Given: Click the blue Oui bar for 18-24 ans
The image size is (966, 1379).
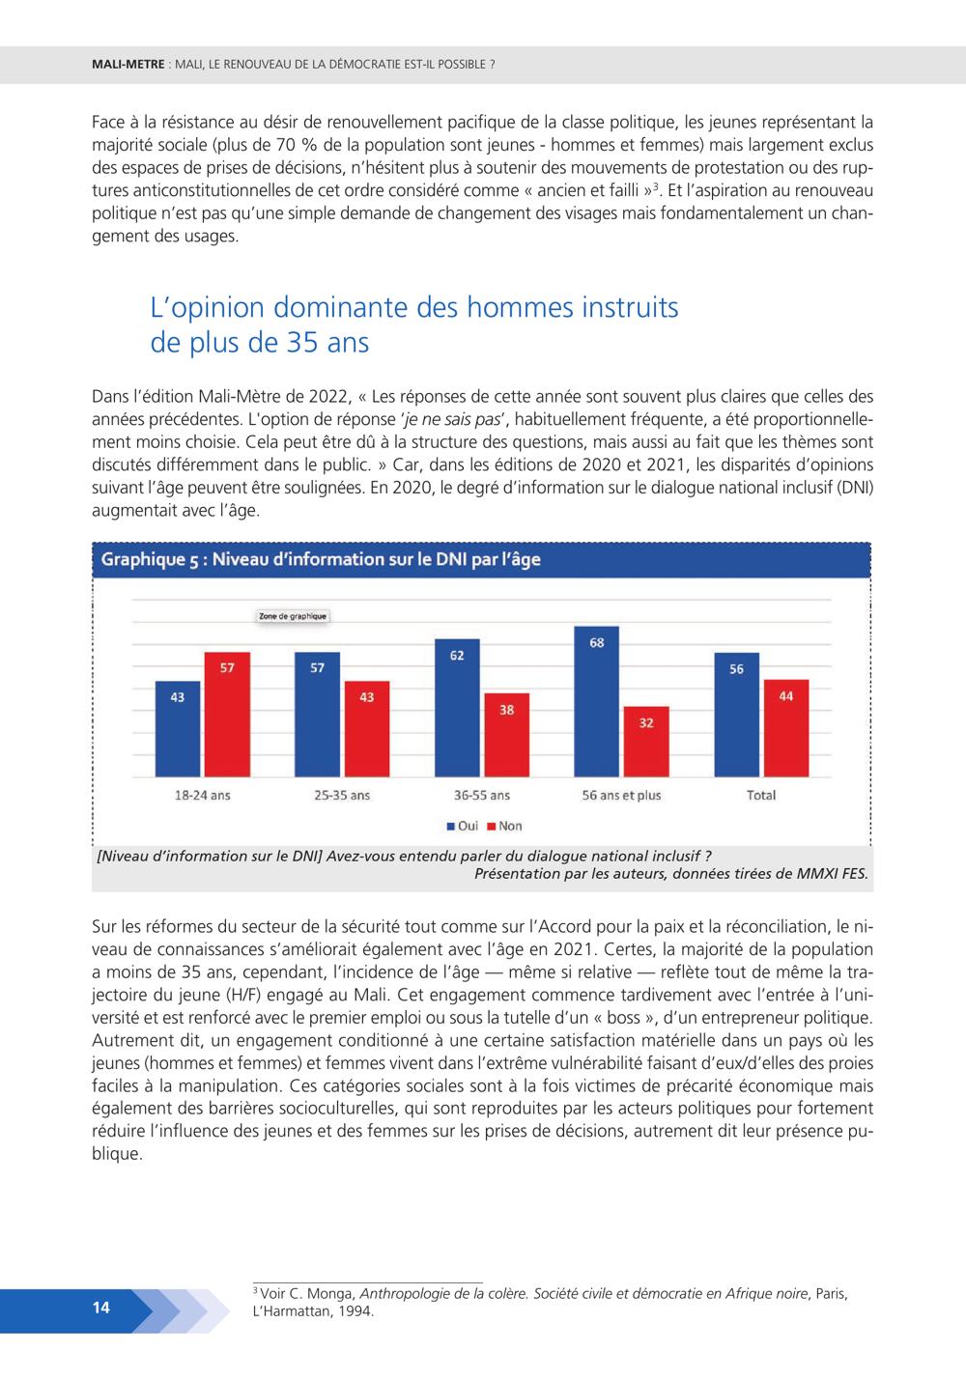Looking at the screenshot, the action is (x=178, y=728).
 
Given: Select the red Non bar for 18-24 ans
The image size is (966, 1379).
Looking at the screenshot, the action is (x=227, y=715).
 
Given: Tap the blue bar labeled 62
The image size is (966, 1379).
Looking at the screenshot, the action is (x=457, y=707).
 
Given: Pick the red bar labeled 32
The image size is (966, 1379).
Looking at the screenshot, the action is (x=646, y=742).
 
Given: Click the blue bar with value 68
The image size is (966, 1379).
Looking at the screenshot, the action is (x=597, y=701).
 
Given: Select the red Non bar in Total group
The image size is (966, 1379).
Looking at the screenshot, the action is (x=786, y=728).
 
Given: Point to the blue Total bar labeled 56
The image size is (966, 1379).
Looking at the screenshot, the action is (x=737, y=715).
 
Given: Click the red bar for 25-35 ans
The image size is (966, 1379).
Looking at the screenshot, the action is (x=367, y=728).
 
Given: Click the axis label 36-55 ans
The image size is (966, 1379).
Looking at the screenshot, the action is (x=482, y=795).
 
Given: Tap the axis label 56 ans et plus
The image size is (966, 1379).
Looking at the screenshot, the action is (x=621, y=795).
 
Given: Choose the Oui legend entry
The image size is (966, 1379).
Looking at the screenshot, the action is (x=463, y=826).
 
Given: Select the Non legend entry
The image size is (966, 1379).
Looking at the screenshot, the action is (x=505, y=826).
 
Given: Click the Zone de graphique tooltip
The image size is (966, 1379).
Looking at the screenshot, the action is (x=293, y=616).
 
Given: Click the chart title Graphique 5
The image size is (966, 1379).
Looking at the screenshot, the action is (x=321, y=559).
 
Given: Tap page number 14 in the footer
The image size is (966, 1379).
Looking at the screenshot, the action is (x=101, y=1307).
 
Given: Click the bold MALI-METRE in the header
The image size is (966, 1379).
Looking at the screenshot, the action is (x=128, y=64).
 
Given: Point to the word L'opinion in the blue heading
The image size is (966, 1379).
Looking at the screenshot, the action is (x=207, y=308).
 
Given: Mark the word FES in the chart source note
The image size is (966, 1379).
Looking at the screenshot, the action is (x=855, y=874).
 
